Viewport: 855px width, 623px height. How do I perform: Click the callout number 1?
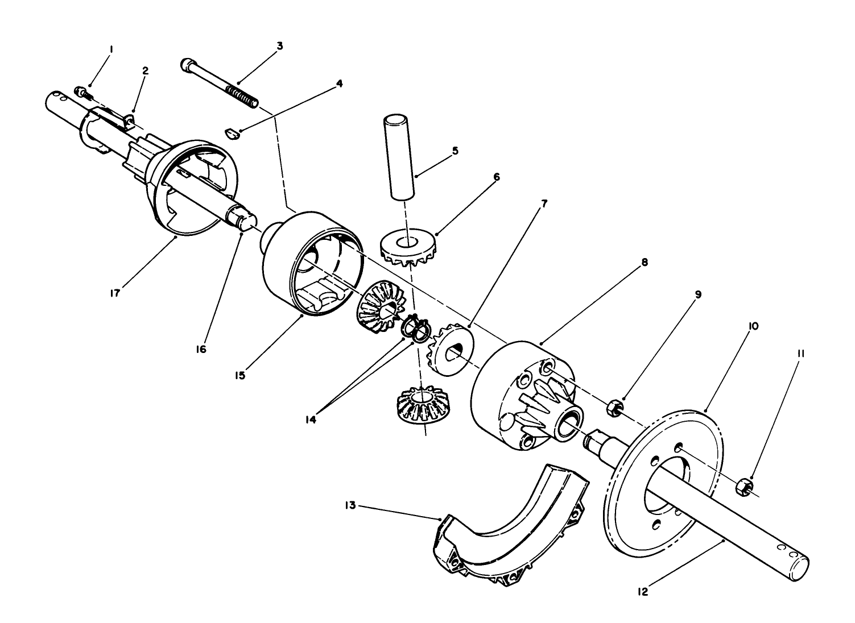click(x=111, y=50)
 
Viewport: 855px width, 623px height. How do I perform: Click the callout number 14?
click(x=311, y=420)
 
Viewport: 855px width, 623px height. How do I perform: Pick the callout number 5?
click(x=454, y=151)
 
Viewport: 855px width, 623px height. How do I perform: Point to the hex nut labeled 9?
click(x=614, y=407)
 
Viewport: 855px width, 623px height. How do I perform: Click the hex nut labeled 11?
click(x=745, y=485)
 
